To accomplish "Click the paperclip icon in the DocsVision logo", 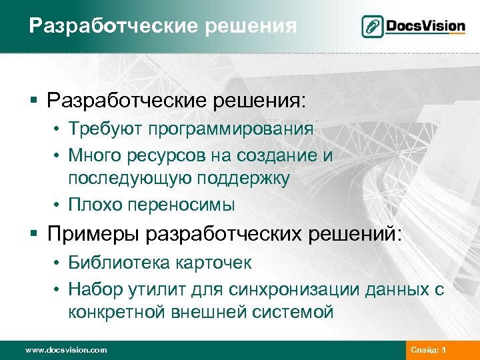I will click(x=372, y=27).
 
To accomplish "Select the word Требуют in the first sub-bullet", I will click(x=105, y=129).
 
